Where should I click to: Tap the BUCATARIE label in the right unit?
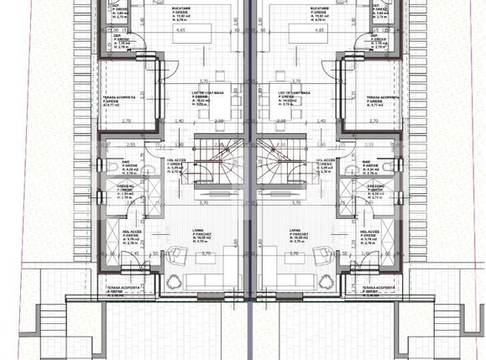[x=318, y=3]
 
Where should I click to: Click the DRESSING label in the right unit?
[x=374, y=185]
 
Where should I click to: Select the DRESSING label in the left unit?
[x=123, y=186]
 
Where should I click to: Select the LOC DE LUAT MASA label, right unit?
[x=298, y=94]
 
